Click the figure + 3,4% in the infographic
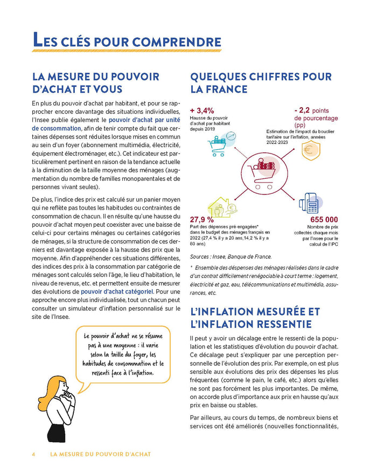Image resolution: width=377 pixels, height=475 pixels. point(203,111)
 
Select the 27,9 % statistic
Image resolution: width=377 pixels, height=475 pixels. point(202,219)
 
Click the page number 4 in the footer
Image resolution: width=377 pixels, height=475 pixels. point(33,454)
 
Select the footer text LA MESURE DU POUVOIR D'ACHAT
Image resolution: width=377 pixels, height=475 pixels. point(100,454)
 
